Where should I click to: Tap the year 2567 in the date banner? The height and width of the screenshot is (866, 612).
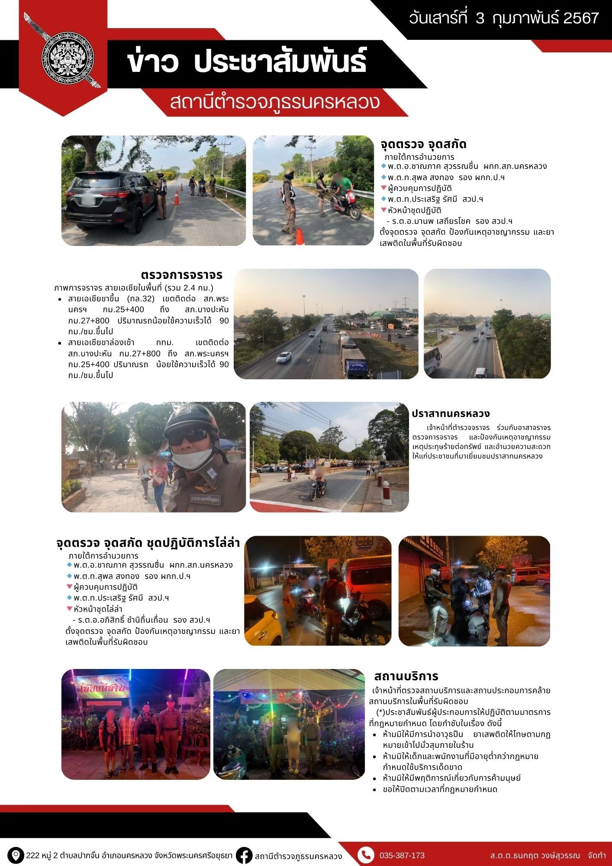(x=581, y=18)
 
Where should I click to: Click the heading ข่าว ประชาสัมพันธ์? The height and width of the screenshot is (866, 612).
(x=247, y=62)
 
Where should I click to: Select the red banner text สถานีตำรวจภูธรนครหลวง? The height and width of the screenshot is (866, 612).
(x=275, y=102)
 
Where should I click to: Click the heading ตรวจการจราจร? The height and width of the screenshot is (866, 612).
(x=182, y=275)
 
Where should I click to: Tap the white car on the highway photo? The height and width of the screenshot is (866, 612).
(x=284, y=357)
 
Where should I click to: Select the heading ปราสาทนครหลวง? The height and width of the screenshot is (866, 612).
(x=451, y=414)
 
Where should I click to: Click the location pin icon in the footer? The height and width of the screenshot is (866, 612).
(x=16, y=855)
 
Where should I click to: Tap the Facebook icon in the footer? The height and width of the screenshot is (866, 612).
(x=245, y=856)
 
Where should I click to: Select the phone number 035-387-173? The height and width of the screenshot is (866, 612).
(x=402, y=856)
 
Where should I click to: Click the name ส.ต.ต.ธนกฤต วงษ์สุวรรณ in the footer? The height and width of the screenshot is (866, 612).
(x=535, y=856)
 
